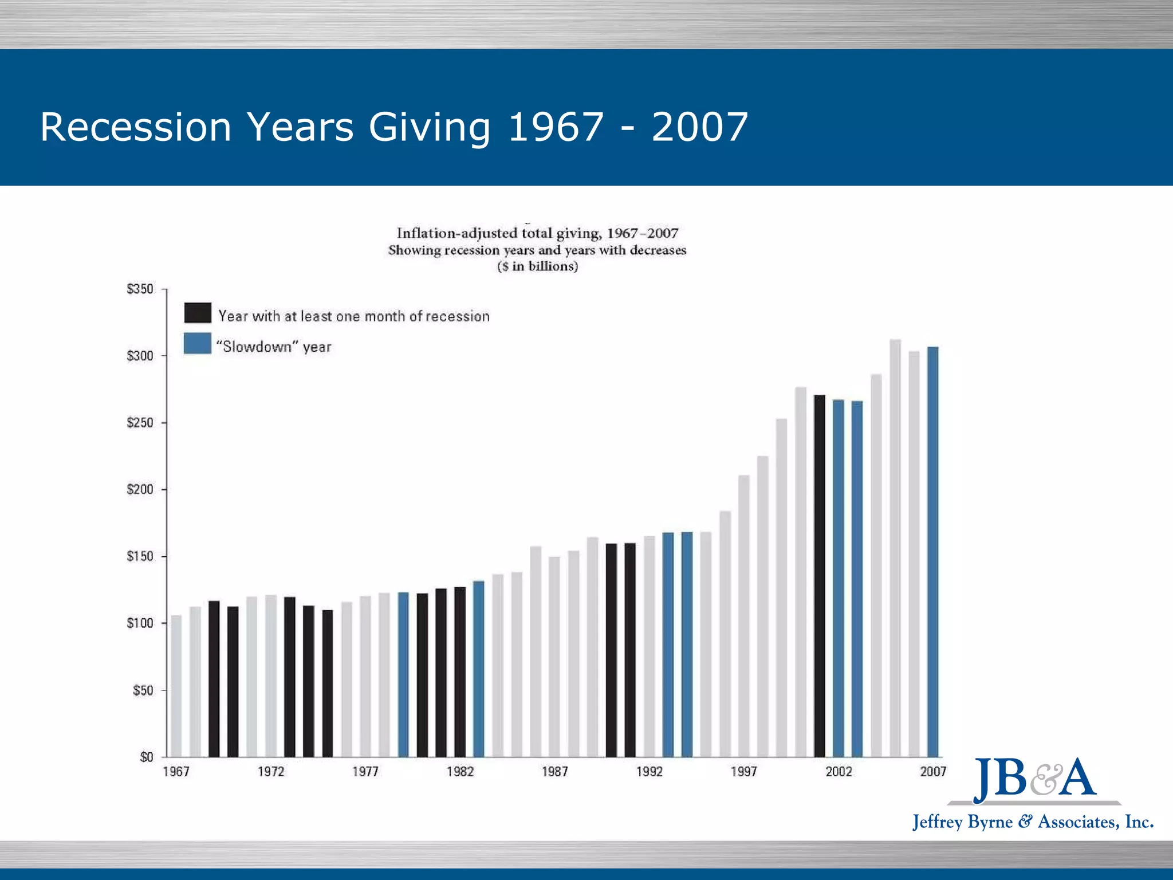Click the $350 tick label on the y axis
tap(140, 289)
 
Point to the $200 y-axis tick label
tap(140, 489)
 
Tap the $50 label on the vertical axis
tap(143, 690)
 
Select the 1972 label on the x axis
tap(271, 772)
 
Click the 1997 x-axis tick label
tap(744, 772)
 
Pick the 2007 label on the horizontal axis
tap(933, 772)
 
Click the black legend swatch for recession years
tap(198, 313)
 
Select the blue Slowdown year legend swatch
tap(198, 344)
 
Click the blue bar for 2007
tap(932, 550)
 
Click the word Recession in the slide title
tap(135, 127)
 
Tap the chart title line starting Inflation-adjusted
tap(537, 233)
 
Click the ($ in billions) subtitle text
tap(537, 266)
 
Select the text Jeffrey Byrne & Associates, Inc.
tap(1033, 822)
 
